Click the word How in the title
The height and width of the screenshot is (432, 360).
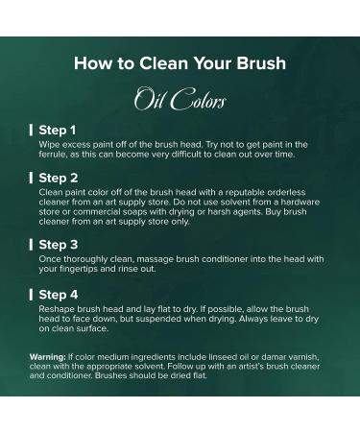click(93, 63)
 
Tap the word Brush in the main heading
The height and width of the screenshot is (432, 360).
click(261, 63)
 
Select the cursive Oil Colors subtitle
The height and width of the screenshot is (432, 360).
click(180, 99)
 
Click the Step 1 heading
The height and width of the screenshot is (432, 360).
click(58, 131)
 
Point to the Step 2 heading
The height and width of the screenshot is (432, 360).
click(59, 178)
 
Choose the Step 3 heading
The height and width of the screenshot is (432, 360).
click(59, 245)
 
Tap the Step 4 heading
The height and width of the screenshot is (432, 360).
click(59, 295)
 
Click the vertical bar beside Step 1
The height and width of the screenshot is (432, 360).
click(31, 131)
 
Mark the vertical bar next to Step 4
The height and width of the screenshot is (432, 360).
click(31, 295)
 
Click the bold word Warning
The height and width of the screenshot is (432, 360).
click(48, 357)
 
